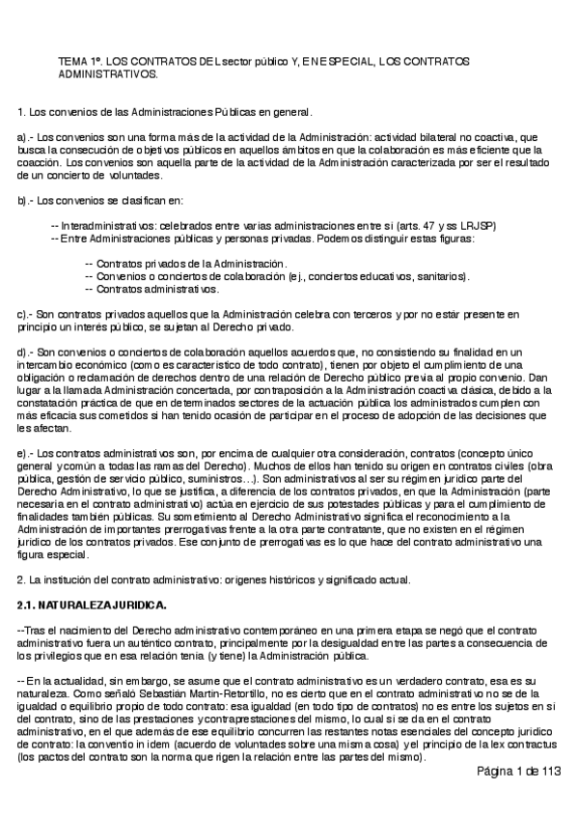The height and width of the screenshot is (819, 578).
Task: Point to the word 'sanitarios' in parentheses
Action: pyautogui.click(x=439, y=276)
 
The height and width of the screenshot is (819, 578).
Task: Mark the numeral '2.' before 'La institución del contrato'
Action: pyautogui.click(x=23, y=579)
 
